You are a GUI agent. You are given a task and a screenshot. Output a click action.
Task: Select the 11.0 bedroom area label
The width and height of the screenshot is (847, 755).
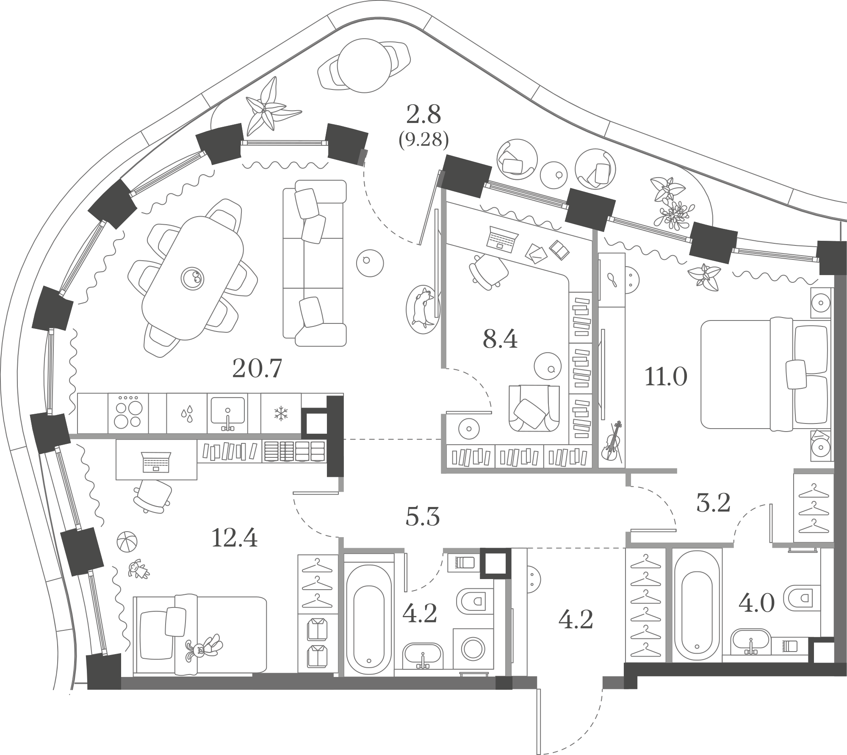(x=666, y=376)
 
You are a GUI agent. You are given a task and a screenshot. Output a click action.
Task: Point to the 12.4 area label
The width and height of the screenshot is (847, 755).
(x=235, y=538)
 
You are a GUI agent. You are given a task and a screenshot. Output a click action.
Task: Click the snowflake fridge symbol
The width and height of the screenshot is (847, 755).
(x=280, y=413)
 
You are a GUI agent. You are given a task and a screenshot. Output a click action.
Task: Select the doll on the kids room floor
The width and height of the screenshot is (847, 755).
(x=138, y=569)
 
